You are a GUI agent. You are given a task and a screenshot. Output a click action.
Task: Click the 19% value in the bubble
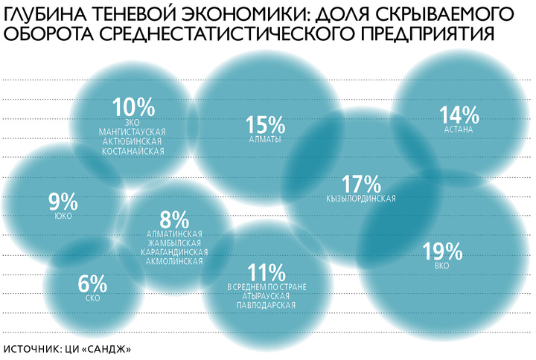click(x=443, y=251)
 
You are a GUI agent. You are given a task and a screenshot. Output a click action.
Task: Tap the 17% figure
click(x=360, y=184)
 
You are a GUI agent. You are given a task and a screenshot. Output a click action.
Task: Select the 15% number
click(x=264, y=124)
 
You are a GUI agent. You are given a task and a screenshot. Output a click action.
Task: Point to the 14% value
click(x=459, y=115)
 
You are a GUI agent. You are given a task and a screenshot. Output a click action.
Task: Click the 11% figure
click(x=265, y=273)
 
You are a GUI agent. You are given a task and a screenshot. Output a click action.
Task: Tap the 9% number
click(x=63, y=202)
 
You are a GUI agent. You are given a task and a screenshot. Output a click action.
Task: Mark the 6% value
click(x=93, y=284)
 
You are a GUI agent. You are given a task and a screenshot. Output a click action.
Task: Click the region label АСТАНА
click(x=459, y=129)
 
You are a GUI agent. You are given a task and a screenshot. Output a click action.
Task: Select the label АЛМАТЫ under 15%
click(x=264, y=139)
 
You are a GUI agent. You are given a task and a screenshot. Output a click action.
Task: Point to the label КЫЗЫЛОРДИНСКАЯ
click(x=360, y=199)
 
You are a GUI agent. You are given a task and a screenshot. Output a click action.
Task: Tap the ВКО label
click(x=443, y=266)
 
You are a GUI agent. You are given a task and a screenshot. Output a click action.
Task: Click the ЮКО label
click(x=63, y=216)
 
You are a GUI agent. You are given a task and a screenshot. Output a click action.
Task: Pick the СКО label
click(x=93, y=298)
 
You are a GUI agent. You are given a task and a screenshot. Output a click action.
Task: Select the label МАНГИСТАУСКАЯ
click(x=133, y=132)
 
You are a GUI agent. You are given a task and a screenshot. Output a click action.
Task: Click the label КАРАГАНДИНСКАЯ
click(x=173, y=252)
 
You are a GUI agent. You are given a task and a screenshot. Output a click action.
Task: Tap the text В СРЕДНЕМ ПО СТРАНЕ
click(x=266, y=287)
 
